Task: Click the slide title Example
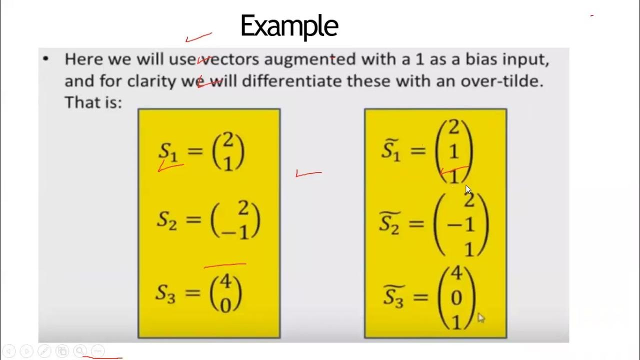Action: pos(289,26)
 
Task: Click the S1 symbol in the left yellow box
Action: pos(168,152)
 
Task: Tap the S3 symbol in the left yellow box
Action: pos(165,293)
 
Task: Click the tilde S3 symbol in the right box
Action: pos(393,296)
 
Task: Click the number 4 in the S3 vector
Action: pos(225,282)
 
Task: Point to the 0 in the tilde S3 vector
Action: pos(456,298)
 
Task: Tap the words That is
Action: pos(93,102)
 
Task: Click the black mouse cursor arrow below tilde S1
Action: pos(468,189)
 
